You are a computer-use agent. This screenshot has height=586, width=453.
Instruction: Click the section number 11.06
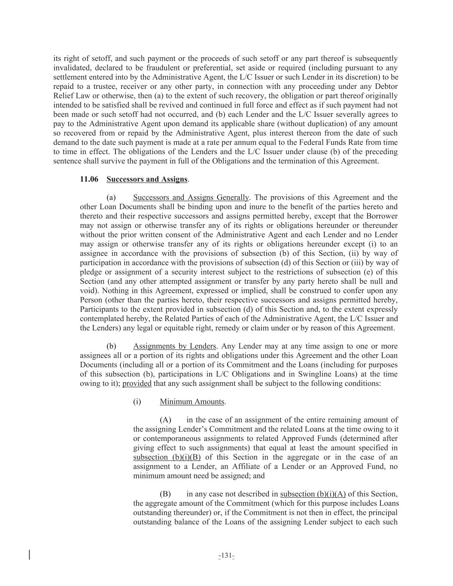(x=89, y=179)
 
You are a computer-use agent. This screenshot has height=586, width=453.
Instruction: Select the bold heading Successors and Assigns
(x=147, y=179)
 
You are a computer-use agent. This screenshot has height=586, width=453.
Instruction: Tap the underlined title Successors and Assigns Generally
(x=191, y=197)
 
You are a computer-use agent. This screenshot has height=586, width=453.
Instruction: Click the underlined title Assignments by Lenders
(x=174, y=346)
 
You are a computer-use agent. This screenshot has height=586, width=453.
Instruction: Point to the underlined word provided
(x=137, y=383)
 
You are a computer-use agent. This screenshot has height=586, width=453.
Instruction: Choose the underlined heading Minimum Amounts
(x=192, y=402)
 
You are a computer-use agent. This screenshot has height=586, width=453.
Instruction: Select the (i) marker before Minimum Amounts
(x=137, y=402)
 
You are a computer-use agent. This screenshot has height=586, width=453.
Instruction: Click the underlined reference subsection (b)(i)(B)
(x=167, y=457)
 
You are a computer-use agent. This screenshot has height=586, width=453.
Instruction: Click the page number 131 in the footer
(x=226, y=556)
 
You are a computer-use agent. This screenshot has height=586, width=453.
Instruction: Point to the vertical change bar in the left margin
(x=29, y=555)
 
